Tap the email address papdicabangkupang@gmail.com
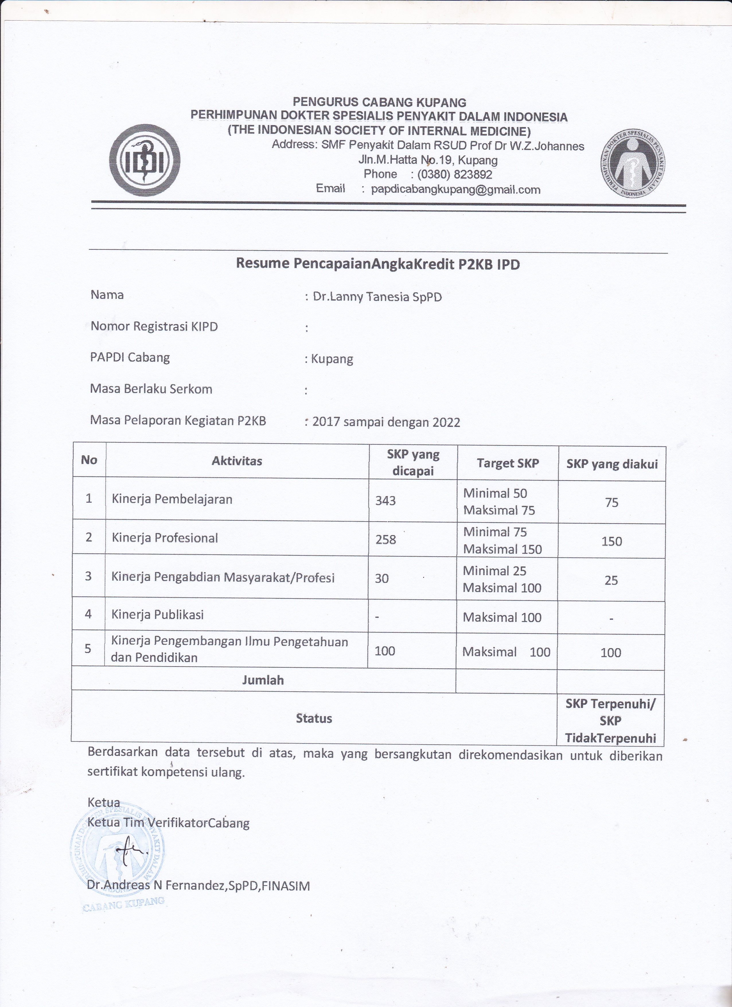coord(455,189)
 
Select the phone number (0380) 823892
coord(454,175)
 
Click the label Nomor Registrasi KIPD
coord(154,327)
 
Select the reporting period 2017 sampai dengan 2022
coord(386,421)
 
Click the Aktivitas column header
coord(237,461)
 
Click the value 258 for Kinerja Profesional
coord(386,539)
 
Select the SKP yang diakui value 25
coord(611,580)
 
